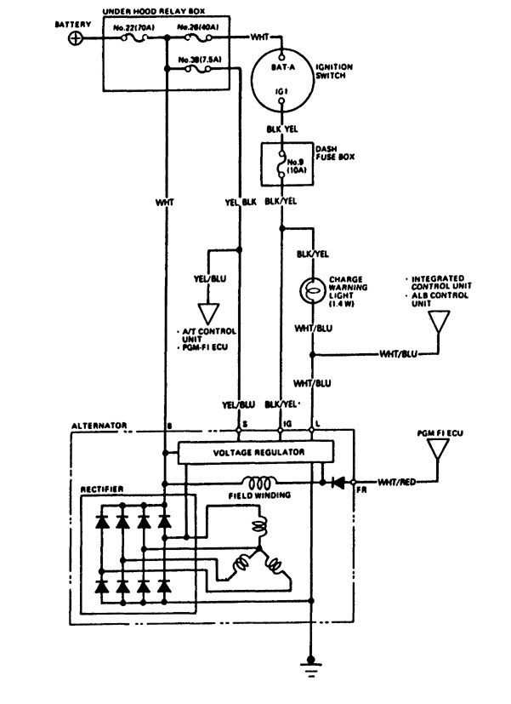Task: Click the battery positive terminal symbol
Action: point(77,39)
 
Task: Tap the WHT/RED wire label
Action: point(395,483)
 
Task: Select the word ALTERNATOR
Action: point(99,423)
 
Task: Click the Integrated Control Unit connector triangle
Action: point(439,322)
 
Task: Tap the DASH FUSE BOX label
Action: point(326,152)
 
